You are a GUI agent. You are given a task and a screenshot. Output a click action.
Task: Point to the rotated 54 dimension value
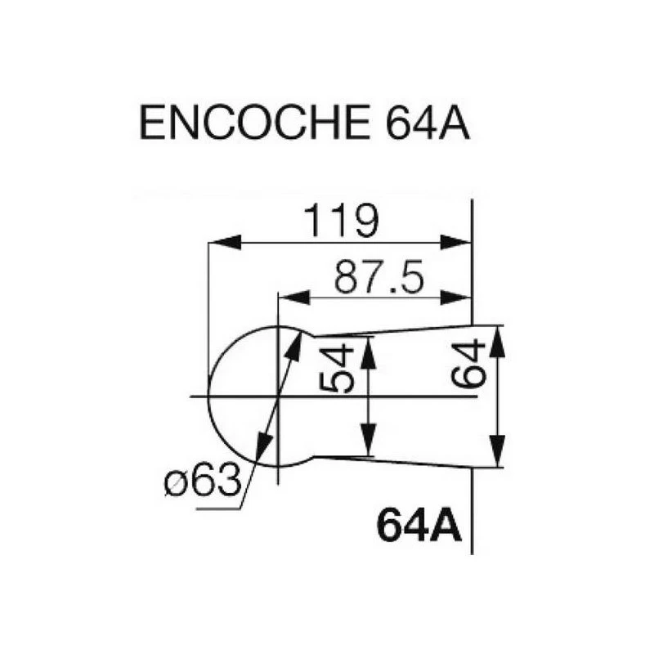point(335,369)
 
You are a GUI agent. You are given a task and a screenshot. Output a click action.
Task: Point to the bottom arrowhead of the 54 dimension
point(370,445)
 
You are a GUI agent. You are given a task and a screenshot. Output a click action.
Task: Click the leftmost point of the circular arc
point(209,396)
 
